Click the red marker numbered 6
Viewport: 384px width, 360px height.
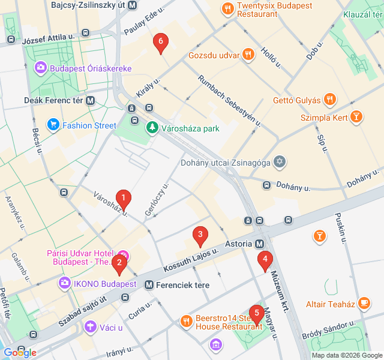pyautogui.click(x=160, y=43)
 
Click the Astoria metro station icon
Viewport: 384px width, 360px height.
pyautogui.click(x=259, y=244)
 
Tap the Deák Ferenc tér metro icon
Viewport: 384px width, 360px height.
pyautogui.click(x=91, y=101)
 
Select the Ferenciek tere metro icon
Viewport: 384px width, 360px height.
pyautogui.click(x=149, y=285)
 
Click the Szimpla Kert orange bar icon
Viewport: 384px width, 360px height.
pyautogui.click(x=356, y=117)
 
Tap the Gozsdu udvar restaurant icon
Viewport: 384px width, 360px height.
pyautogui.click(x=248, y=55)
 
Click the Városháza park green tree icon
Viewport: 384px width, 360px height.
pyautogui.click(x=152, y=128)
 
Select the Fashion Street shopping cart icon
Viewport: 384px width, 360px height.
pyautogui.click(x=54, y=125)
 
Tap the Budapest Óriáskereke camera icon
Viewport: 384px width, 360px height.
pyautogui.click(x=41, y=68)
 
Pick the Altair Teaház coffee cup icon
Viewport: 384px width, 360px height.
pyautogui.click(x=363, y=304)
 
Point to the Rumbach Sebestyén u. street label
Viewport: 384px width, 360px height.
pyautogui.click(x=229, y=100)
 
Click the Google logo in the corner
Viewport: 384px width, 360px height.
pyautogui.click(x=19, y=352)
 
